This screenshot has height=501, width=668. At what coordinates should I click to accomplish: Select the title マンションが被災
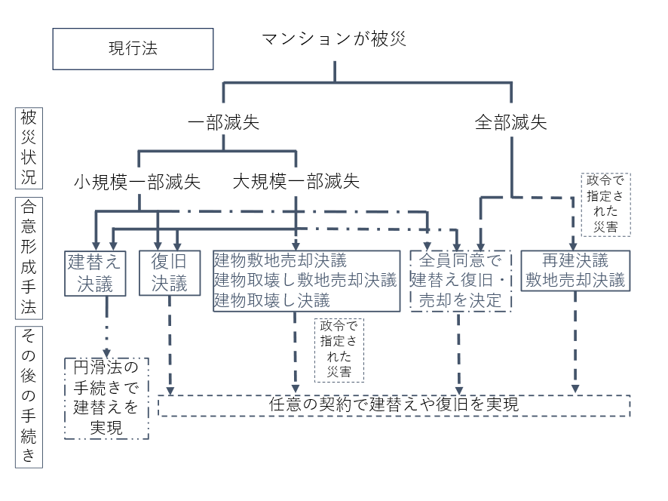[334, 39]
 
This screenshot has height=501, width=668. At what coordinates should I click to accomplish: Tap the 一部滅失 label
[223, 122]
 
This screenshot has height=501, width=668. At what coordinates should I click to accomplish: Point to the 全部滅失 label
[510, 122]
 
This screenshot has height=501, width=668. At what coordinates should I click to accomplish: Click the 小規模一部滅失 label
[137, 182]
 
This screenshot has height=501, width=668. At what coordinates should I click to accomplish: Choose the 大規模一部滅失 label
[296, 182]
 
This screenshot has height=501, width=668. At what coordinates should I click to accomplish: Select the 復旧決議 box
[170, 272]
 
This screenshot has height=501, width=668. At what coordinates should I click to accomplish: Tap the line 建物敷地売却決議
[280, 261]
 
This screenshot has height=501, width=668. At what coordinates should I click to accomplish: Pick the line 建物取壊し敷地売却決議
[305, 281]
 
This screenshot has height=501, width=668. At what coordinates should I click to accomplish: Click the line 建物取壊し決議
[271, 300]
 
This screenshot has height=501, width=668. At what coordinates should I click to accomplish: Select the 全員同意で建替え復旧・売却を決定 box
[460, 281]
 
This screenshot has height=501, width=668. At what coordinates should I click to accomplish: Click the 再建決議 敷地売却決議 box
[575, 271]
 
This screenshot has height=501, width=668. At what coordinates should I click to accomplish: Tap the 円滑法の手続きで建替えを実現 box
[106, 398]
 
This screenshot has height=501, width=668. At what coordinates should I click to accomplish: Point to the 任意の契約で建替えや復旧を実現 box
[394, 405]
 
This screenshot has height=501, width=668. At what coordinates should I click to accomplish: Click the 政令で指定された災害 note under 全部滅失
[605, 204]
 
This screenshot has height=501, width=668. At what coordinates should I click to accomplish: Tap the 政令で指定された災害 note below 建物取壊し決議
[339, 349]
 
